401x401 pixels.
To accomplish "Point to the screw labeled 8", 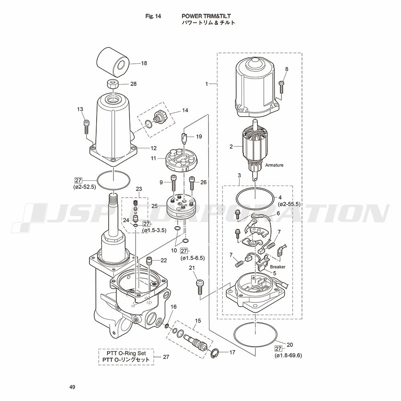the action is pos(281,87).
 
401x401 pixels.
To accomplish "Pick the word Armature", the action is pos(274,165).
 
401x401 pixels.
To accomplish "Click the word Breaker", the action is pos(277,267).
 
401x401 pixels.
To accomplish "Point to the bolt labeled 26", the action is pos(192,182).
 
